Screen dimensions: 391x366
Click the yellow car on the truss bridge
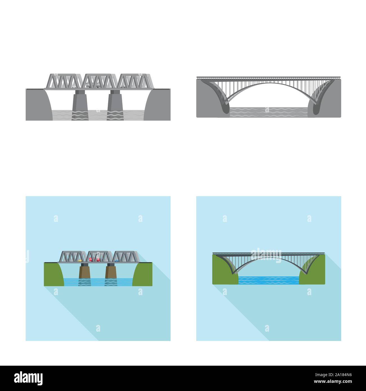tap(80, 260)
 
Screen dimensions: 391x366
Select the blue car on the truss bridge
tap(116, 261)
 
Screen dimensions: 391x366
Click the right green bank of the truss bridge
tap(144, 274)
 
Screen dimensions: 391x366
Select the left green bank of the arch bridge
tap(222, 270)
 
